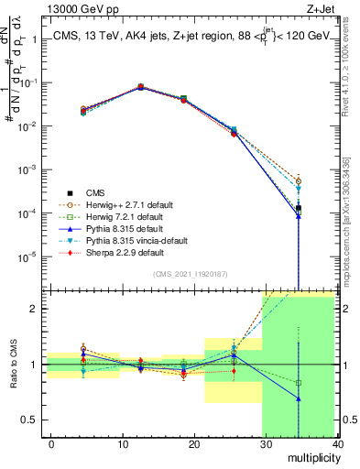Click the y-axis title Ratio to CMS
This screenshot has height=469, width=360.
point(13,364)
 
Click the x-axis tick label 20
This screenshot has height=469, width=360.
point(194,443)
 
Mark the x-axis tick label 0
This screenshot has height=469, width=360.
point(51,443)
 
